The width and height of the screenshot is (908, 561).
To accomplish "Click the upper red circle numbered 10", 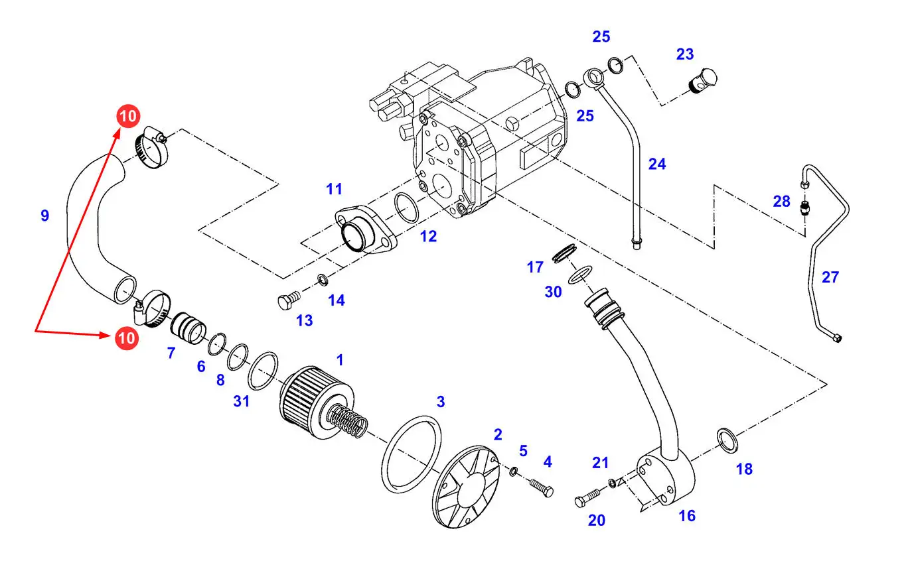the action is tap(128, 116).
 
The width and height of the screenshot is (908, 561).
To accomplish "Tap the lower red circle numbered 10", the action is tap(127, 338).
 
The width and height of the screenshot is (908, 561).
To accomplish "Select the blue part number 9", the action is tap(45, 216).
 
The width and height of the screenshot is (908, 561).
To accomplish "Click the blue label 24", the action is tap(656, 164).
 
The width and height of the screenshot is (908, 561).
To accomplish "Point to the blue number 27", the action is tap(830, 277).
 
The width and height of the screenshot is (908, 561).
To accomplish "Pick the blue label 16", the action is tap(687, 516).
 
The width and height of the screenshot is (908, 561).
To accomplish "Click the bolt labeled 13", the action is tap(289, 300).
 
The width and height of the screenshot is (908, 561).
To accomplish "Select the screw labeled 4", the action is tap(542, 487).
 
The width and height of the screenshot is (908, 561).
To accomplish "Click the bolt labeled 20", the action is tap(587, 498).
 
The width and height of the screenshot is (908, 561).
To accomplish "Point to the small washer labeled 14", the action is tap(323, 279).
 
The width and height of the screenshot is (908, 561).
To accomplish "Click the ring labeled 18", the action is tap(727, 440).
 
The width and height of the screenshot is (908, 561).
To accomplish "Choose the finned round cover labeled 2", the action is tap(465, 487).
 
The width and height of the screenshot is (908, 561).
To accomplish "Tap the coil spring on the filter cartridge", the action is tap(348, 422).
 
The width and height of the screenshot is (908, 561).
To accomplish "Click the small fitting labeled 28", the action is tap(804, 208).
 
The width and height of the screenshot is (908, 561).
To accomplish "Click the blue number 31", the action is tap(241, 401).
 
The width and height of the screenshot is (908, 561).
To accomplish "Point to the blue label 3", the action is tap(441, 401).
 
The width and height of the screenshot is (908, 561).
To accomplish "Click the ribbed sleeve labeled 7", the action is tap(188, 328).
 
